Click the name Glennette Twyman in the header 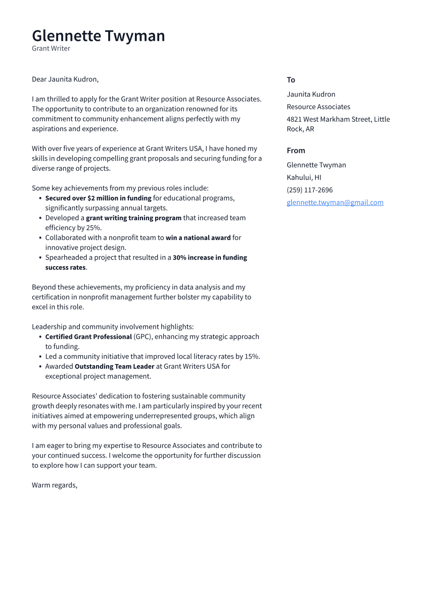click(x=98, y=36)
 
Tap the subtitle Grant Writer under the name click(x=51, y=48)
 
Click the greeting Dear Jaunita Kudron click(x=65, y=79)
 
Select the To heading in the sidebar click(x=291, y=80)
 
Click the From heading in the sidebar click(x=296, y=151)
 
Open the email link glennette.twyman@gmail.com click(x=335, y=203)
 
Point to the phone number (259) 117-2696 click(x=309, y=190)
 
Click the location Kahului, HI click(x=304, y=177)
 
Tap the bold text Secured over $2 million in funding click(x=98, y=198)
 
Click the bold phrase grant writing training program click(x=133, y=218)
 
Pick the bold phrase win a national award click(x=198, y=237)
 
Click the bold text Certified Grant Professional click(x=88, y=336)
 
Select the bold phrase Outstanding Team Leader click(x=114, y=366)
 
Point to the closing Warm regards click(x=55, y=485)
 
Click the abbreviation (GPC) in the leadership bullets click(x=143, y=336)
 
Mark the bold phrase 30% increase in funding click(x=209, y=257)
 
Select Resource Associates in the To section click(x=318, y=107)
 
